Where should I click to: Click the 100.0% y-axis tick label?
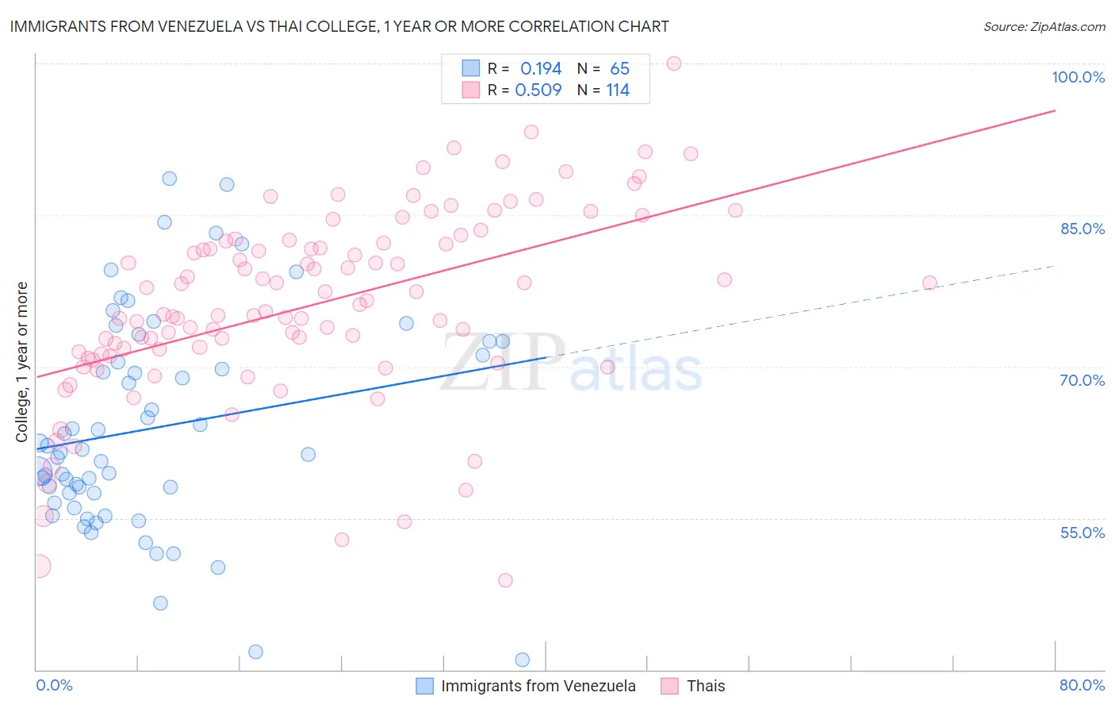[1078, 77]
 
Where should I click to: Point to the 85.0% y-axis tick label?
[1082, 229]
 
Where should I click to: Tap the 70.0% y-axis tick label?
[1082, 380]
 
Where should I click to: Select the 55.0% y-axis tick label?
[1082, 533]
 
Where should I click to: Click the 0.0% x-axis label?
[54, 685]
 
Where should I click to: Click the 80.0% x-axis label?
[1082, 685]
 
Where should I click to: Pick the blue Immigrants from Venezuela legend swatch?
[425, 686]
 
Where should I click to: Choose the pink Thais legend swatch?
[670, 686]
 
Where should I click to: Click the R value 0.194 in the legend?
[541, 69]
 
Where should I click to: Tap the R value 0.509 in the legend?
[538, 90]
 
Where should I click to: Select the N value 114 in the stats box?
[618, 90]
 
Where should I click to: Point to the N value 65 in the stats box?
[619, 69]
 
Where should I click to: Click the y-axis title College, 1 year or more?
[22, 362]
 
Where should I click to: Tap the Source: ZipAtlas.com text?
[1044, 27]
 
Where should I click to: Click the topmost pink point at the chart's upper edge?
[674, 63]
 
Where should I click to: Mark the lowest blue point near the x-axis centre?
[522, 660]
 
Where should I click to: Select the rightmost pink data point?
[929, 283]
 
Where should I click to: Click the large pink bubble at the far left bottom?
[37, 566]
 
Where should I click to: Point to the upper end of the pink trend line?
[1055, 110]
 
